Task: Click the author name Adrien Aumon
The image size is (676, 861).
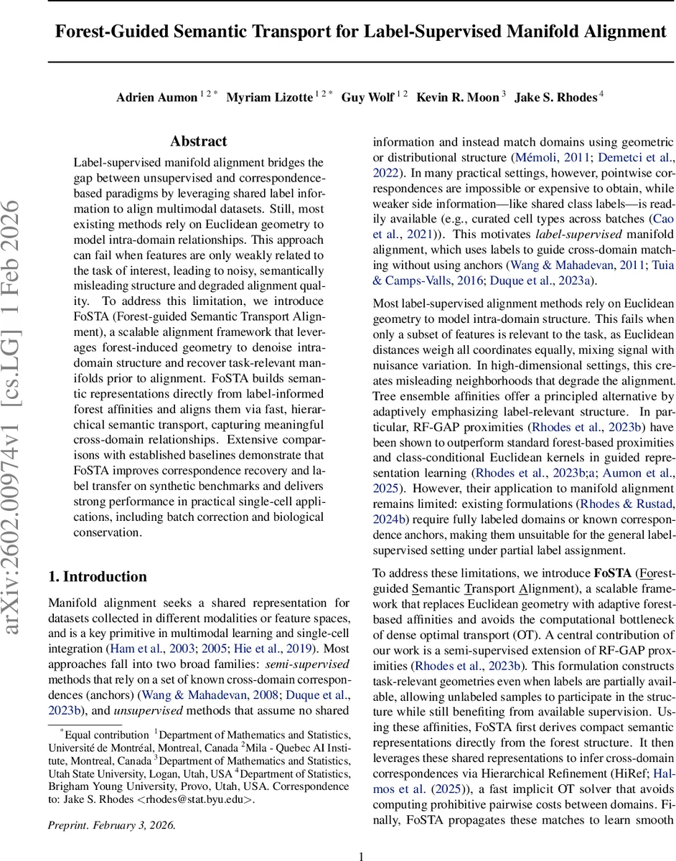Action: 156,98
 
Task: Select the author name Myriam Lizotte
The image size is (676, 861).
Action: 270,98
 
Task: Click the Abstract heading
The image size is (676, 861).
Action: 199,141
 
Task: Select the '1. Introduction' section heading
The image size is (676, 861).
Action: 97,577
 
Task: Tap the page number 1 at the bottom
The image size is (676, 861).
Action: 362,855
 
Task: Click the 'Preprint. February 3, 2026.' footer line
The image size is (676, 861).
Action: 111,824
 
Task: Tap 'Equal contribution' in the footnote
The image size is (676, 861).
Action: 105,734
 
